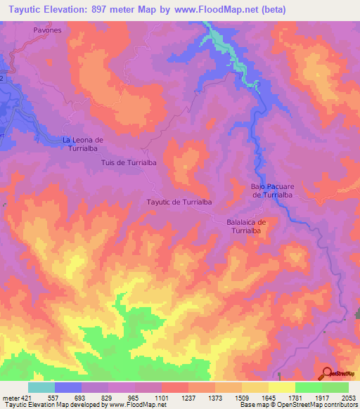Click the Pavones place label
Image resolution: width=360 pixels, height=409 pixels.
47,31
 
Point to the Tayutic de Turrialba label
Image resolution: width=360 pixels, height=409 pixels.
179,202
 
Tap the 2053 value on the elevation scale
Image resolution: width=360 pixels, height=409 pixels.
349,398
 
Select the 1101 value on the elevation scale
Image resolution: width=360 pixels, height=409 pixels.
161,398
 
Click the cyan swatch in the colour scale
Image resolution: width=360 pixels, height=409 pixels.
41,387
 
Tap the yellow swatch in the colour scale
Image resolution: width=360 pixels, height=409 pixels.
282,387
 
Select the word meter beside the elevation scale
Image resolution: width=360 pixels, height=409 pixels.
11,398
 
